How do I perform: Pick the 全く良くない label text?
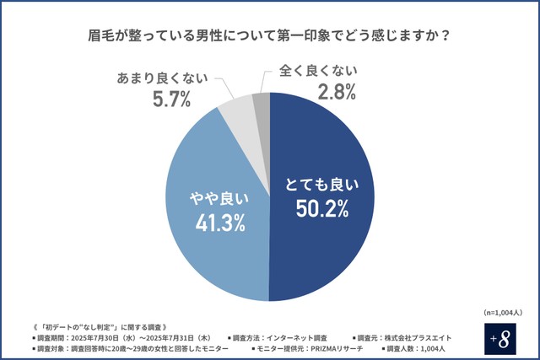tap(318, 70)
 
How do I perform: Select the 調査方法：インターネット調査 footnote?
tap(277, 336)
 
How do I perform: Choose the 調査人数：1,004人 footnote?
tap(423, 348)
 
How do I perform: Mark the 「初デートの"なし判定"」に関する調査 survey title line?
tap(101, 325)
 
